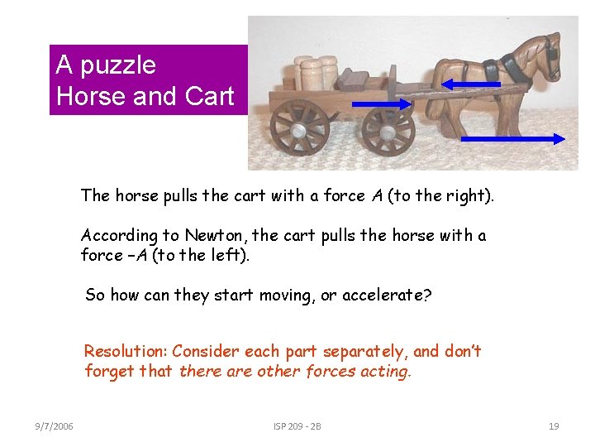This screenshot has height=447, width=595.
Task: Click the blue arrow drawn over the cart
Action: tap(381, 103)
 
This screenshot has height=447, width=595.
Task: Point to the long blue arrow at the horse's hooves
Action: tap(512, 139)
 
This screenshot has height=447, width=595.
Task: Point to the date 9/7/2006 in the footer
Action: tap(54, 426)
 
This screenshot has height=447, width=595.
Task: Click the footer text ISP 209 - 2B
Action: tap(297, 426)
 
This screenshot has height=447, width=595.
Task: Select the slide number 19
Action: tap(554, 426)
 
